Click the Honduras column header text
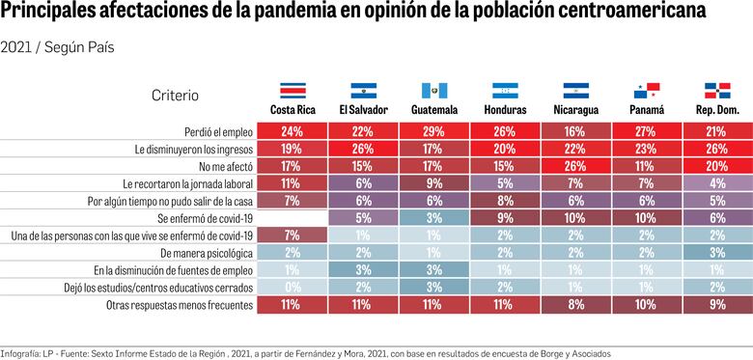pyautogui.click(x=503, y=110)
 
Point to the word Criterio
pyautogui.click(x=175, y=95)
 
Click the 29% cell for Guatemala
pyautogui.click(x=432, y=130)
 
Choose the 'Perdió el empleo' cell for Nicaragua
pyautogui.click(x=573, y=130)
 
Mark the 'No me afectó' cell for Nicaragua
pyautogui.click(x=573, y=165)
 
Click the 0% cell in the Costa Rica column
pyautogui.click(x=292, y=287)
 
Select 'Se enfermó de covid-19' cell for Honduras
pyautogui.click(x=503, y=217)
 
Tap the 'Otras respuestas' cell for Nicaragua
pyautogui.click(x=573, y=304)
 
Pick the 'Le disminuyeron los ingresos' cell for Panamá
pyautogui.click(x=643, y=148)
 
